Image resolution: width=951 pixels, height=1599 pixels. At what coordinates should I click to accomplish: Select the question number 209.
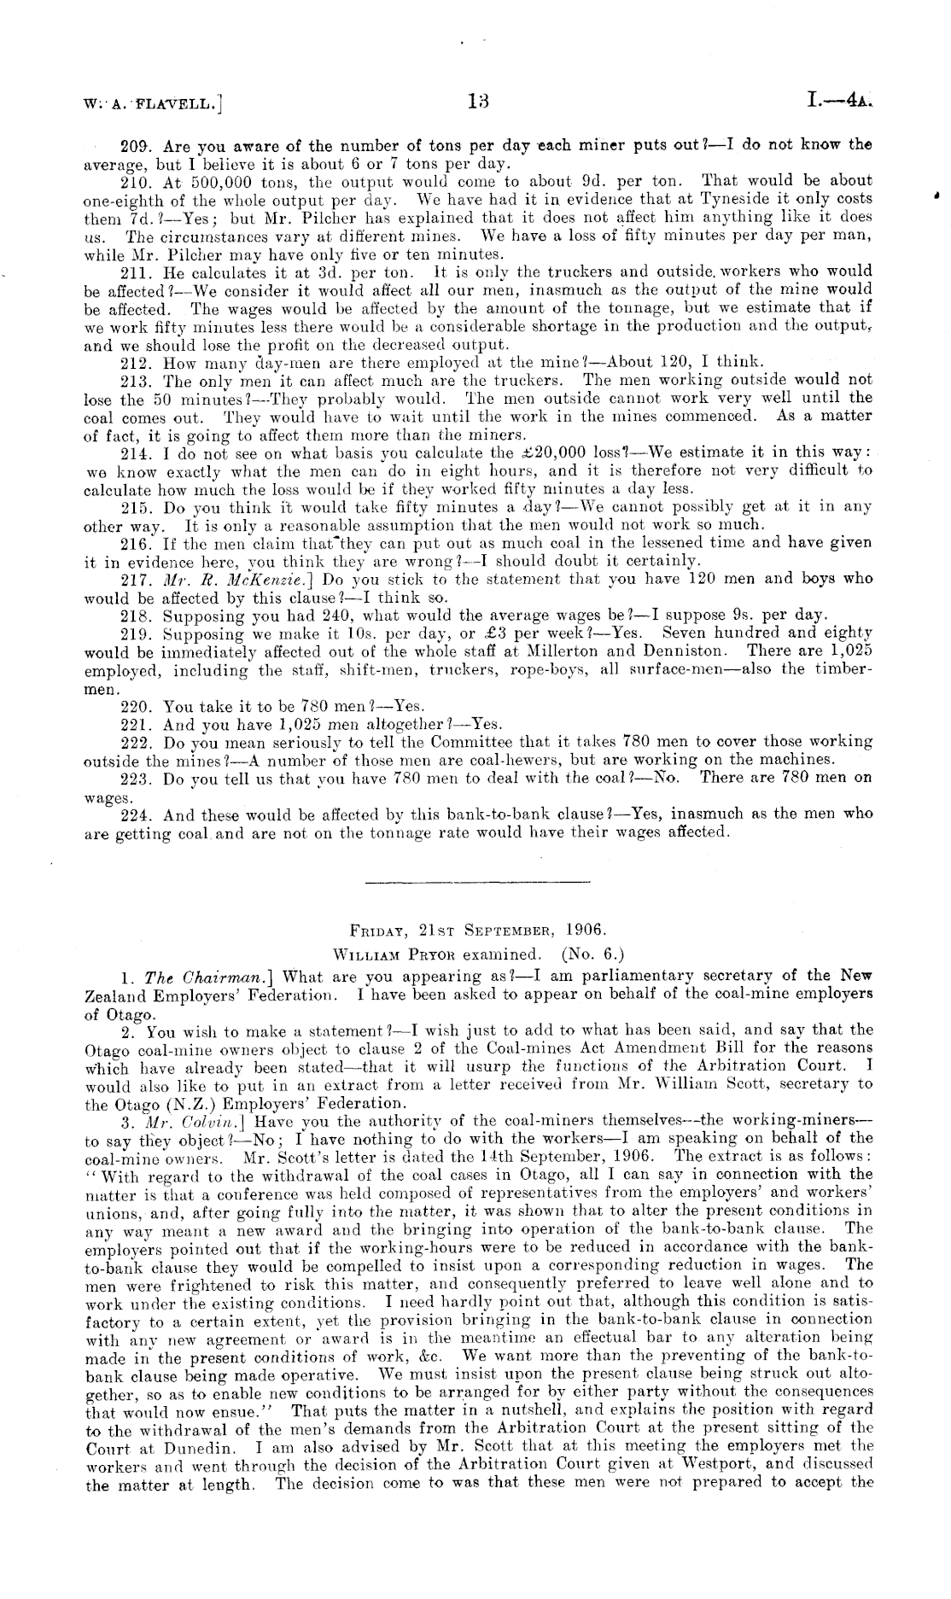click(138, 145)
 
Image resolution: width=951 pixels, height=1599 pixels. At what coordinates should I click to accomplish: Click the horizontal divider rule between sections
click(476, 880)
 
